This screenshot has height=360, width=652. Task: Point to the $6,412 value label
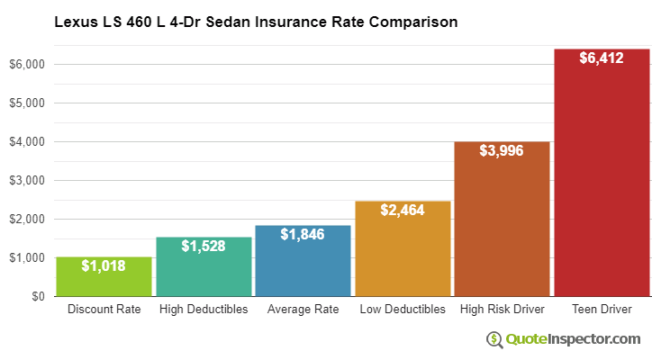[x=602, y=58]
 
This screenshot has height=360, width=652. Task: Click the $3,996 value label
[x=502, y=151]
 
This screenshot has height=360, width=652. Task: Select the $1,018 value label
[x=104, y=265]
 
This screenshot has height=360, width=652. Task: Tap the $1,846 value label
[x=303, y=235]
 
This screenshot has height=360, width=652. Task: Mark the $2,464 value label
[x=403, y=211]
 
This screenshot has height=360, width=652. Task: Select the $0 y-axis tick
[x=37, y=296]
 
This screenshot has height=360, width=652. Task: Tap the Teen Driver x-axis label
[x=602, y=310]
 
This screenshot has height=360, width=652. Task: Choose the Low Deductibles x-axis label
[x=403, y=310]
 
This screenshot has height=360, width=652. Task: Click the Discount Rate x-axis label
[x=104, y=310]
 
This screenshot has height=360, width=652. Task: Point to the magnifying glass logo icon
[x=494, y=340]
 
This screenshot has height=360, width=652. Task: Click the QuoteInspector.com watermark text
[x=573, y=339]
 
